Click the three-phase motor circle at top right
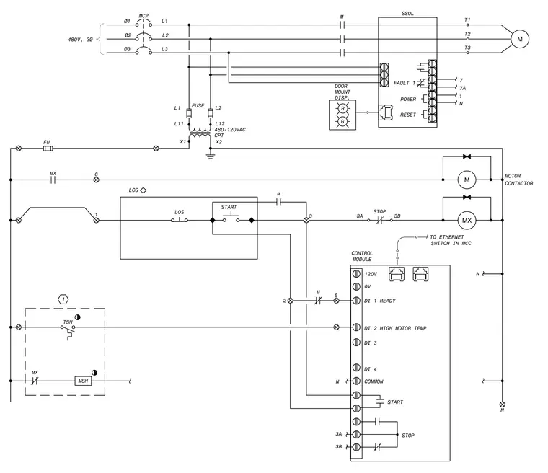pyautogui.click(x=520, y=39)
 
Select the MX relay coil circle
pyautogui.click(x=467, y=220)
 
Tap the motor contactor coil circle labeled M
pyautogui.click(x=467, y=180)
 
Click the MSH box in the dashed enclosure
pyautogui.click(x=83, y=381)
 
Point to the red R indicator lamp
pyautogui.click(x=342, y=109)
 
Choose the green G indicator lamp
pyautogui.click(x=342, y=122)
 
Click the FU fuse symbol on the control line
pyautogui.click(x=48, y=149)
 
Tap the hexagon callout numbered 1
pyautogui.click(x=63, y=300)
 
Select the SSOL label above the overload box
pyautogui.click(x=407, y=14)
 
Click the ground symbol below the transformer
pyautogui.click(x=210, y=156)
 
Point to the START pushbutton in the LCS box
pyautogui.click(x=231, y=218)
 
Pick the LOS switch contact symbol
pyautogui.click(x=180, y=219)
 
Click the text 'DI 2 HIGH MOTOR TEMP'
pyautogui.click(x=395, y=328)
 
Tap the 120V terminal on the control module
pyautogui.click(x=356, y=273)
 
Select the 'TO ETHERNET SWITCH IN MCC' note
pyautogui.click(x=451, y=240)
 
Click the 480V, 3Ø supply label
pyautogui.click(x=80, y=40)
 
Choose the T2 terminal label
pyautogui.click(x=468, y=34)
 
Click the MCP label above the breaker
pyautogui.click(x=143, y=16)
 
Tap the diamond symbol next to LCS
pyautogui.click(x=143, y=190)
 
